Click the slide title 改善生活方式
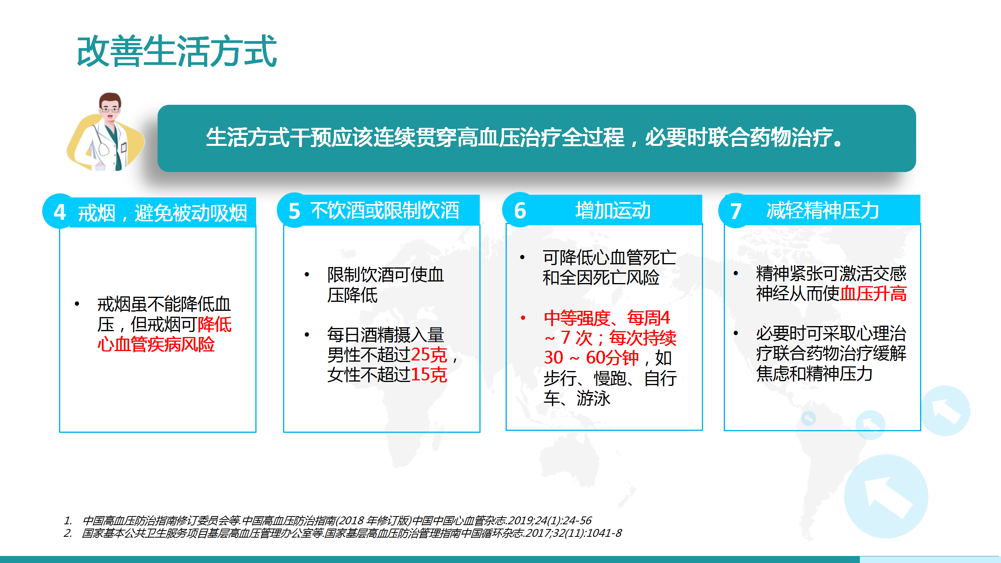pos(177,51)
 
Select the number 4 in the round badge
pos(60,212)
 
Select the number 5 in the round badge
pos(294,211)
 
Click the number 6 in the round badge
pos(520,211)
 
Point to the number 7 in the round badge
pos(736,211)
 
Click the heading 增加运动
pos(613,210)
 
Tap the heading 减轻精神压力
pos(823,211)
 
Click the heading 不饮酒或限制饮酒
pos(385,210)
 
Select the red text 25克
pos(429,355)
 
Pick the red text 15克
pos(429,375)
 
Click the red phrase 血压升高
pos(873,294)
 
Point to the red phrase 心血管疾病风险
pos(156,344)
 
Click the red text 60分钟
pos(612,358)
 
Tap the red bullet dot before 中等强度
pos(523,318)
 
